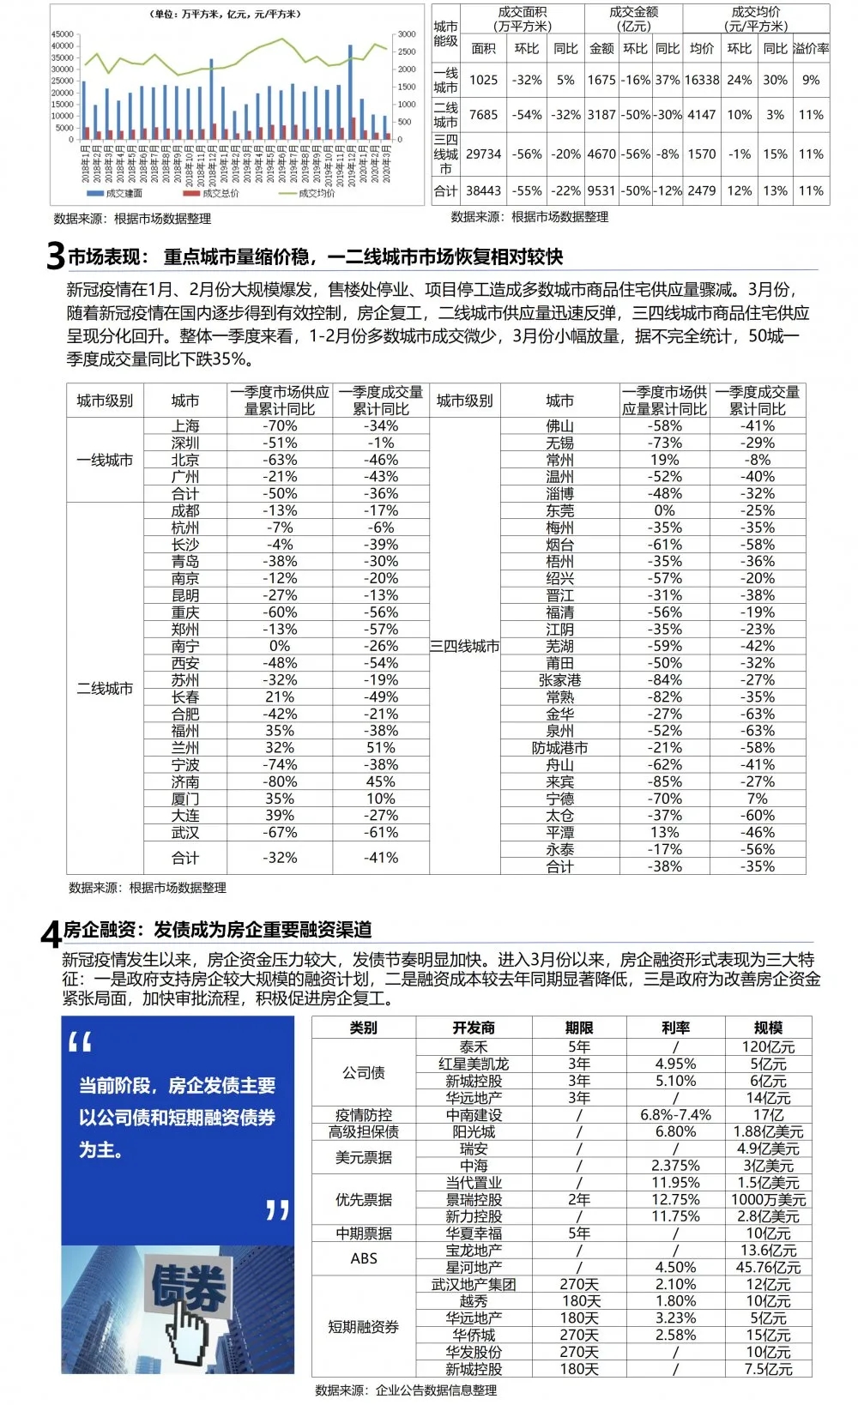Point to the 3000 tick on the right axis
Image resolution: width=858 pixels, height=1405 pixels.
point(406,34)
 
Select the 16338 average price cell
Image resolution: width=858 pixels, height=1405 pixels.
point(702,80)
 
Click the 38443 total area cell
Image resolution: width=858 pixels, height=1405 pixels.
point(483,190)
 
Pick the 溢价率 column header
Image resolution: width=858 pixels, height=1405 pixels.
point(811,49)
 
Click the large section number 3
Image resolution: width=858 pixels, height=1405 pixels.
point(55,256)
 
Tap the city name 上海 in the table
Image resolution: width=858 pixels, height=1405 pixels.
point(185,425)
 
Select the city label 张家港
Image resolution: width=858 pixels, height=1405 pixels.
point(559,680)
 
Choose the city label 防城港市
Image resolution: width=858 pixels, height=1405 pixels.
point(559,748)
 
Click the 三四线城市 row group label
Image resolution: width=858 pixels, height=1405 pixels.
point(464,646)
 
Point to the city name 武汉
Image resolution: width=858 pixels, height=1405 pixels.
point(185,833)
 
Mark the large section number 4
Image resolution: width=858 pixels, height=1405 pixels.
point(51,933)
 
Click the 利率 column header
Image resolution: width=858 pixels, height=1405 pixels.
point(676,1028)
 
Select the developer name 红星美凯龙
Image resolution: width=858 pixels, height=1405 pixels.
point(474,1064)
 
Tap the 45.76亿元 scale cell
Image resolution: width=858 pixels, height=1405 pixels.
point(768,1268)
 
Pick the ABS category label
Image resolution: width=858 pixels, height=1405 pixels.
point(364,1258)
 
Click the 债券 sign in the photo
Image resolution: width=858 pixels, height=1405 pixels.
point(189,1287)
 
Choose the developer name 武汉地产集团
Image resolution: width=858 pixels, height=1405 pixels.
point(474,1285)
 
